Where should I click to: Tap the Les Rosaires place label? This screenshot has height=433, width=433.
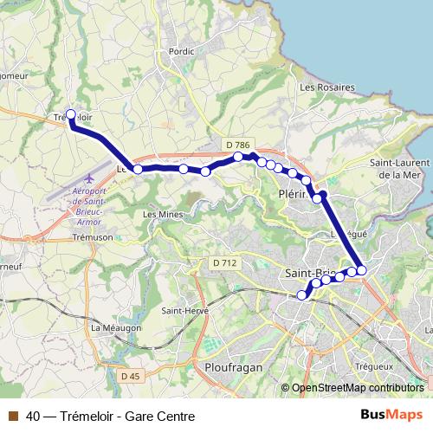[x=327, y=87]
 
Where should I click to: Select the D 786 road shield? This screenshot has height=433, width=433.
[x=236, y=145]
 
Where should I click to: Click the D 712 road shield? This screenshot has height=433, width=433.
[x=224, y=262]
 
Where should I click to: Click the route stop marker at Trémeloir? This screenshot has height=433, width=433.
[x=71, y=114]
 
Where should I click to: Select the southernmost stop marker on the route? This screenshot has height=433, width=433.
[x=302, y=295]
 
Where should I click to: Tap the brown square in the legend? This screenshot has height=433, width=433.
[x=11, y=416]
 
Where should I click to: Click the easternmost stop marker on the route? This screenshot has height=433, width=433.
[x=362, y=271]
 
